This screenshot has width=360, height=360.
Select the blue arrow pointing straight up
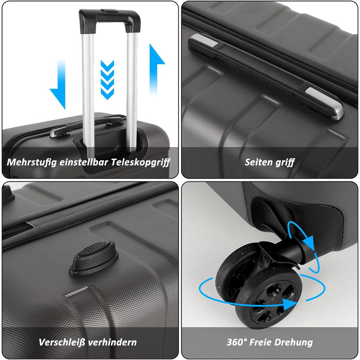156,69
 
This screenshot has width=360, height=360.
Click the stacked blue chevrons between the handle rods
107,80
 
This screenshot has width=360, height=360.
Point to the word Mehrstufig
32,163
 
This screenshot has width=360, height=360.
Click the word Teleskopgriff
140,163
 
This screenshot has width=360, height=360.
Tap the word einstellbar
84,162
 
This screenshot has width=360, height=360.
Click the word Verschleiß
62,343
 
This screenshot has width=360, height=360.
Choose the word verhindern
112,343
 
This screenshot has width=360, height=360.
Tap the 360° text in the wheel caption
237,342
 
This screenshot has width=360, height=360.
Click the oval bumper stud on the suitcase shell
94,258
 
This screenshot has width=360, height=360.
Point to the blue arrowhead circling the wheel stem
308,242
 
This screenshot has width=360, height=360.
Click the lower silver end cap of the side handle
325,102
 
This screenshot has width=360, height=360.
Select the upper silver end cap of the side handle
204,40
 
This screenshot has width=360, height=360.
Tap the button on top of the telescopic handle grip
110,11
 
